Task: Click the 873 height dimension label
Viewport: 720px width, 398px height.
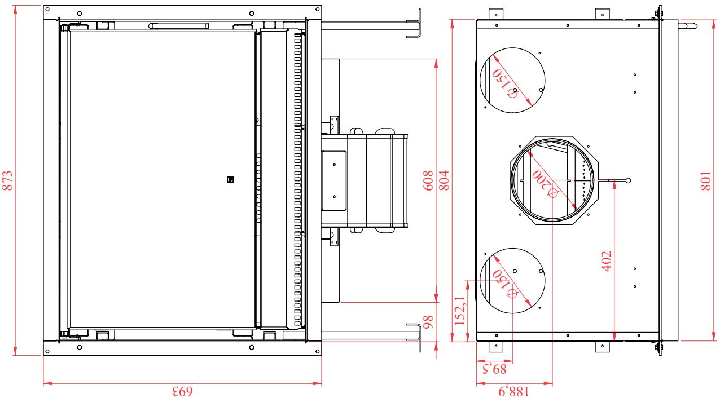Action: tap(8, 180)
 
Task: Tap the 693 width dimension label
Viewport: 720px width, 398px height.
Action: tap(183, 392)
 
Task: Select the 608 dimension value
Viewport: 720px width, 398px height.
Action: tap(428, 180)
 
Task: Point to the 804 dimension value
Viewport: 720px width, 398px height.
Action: tap(444, 180)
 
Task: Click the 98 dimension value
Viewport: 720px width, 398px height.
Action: tap(428, 322)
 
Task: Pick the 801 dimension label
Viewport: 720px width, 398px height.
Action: tap(706, 180)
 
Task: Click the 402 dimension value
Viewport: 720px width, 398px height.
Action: tap(606, 261)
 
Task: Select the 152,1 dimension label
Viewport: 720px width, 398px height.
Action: tap(460, 310)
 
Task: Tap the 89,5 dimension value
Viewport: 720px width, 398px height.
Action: tap(494, 369)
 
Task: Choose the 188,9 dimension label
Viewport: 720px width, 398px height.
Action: tap(513, 392)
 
